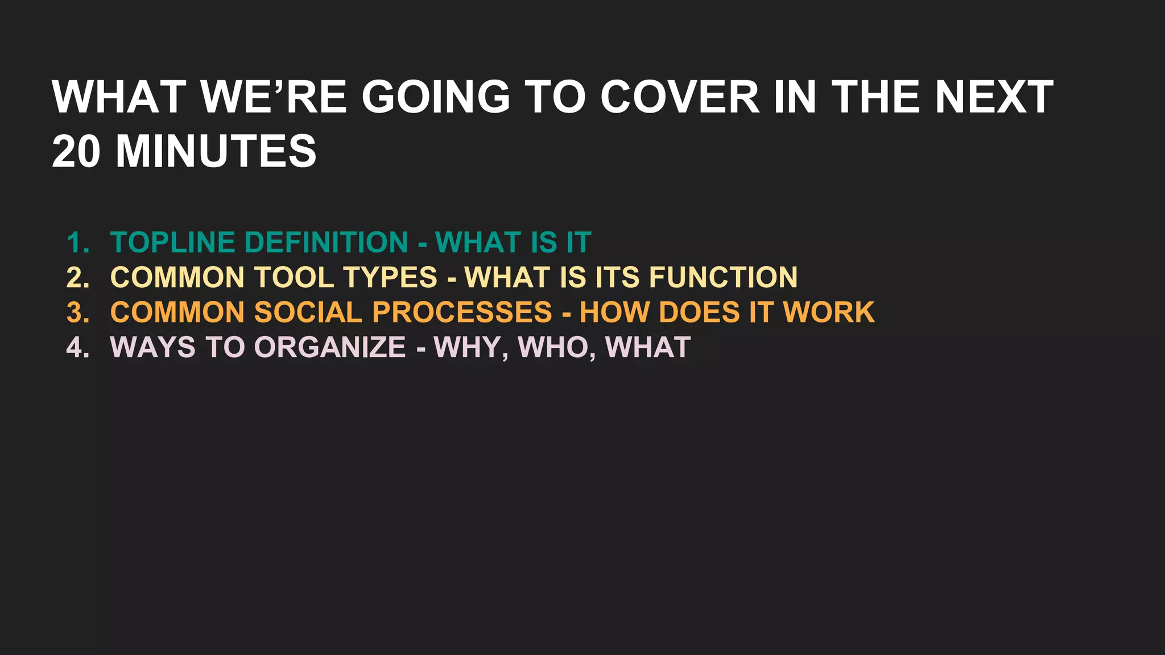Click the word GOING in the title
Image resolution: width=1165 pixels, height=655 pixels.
[x=436, y=97]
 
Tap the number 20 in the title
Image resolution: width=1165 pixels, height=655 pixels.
[x=76, y=152]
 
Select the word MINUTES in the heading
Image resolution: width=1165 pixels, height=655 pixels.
[x=216, y=152]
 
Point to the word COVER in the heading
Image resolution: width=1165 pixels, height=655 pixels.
[x=680, y=97]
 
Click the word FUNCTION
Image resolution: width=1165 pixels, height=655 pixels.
[x=723, y=278]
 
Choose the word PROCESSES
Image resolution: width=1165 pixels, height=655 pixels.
[x=462, y=313]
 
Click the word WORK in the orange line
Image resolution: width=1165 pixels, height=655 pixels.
[x=829, y=313]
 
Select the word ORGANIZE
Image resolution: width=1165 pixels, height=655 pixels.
[x=329, y=347]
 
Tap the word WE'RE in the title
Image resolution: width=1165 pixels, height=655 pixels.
[x=274, y=97]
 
